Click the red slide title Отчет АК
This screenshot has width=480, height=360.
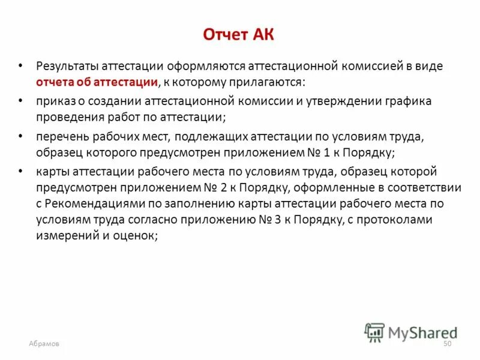(x=239, y=34)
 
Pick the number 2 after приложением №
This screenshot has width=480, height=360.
(x=237, y=187)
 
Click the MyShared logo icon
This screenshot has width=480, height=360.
(x=374, y=332)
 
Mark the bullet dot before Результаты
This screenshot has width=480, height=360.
(x=22, y=65)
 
